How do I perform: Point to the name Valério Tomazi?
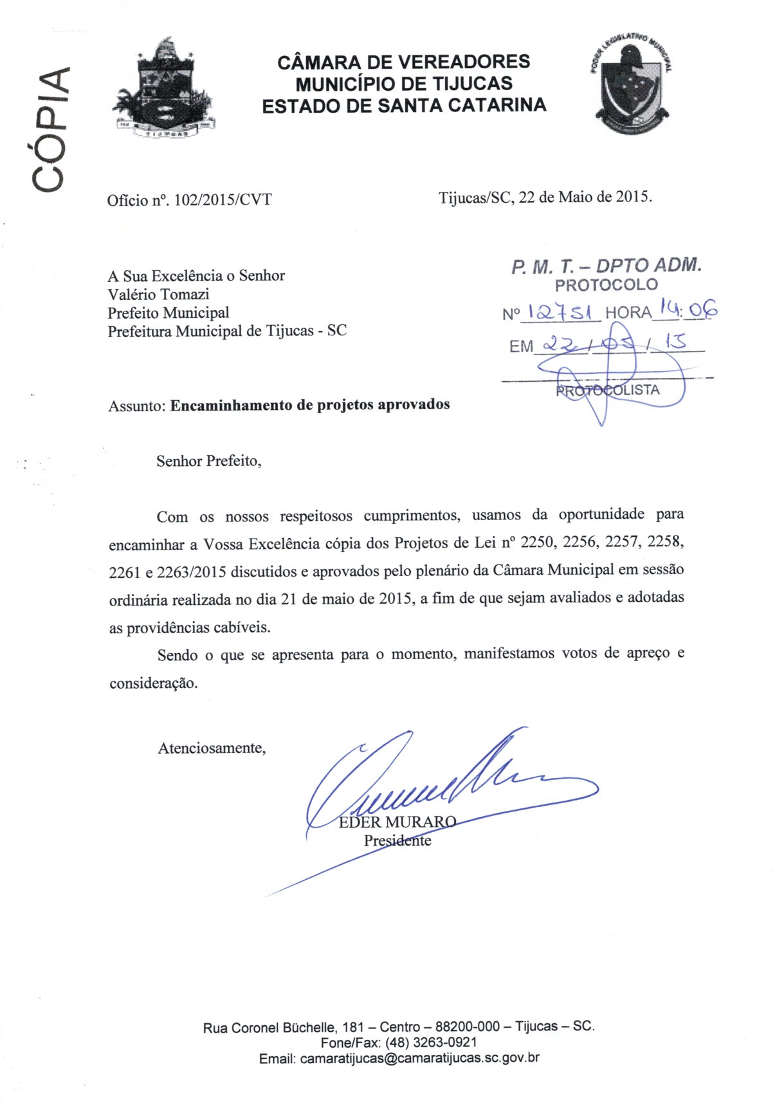coord(158,294)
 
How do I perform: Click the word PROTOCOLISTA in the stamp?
coord(608,390)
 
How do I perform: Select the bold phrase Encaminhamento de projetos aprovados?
coord(309,405)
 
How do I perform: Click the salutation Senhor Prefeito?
coord(208,461)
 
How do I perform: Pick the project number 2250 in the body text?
coord(537,542)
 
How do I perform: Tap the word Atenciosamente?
coord(212,748)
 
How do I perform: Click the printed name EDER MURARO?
coord(397,822)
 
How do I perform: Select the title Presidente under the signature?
coord(397,840)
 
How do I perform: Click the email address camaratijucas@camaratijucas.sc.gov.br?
coord(419,1058)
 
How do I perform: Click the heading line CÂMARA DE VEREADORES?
coord(403,62)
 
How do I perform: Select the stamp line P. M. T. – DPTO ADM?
coord(606,265)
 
